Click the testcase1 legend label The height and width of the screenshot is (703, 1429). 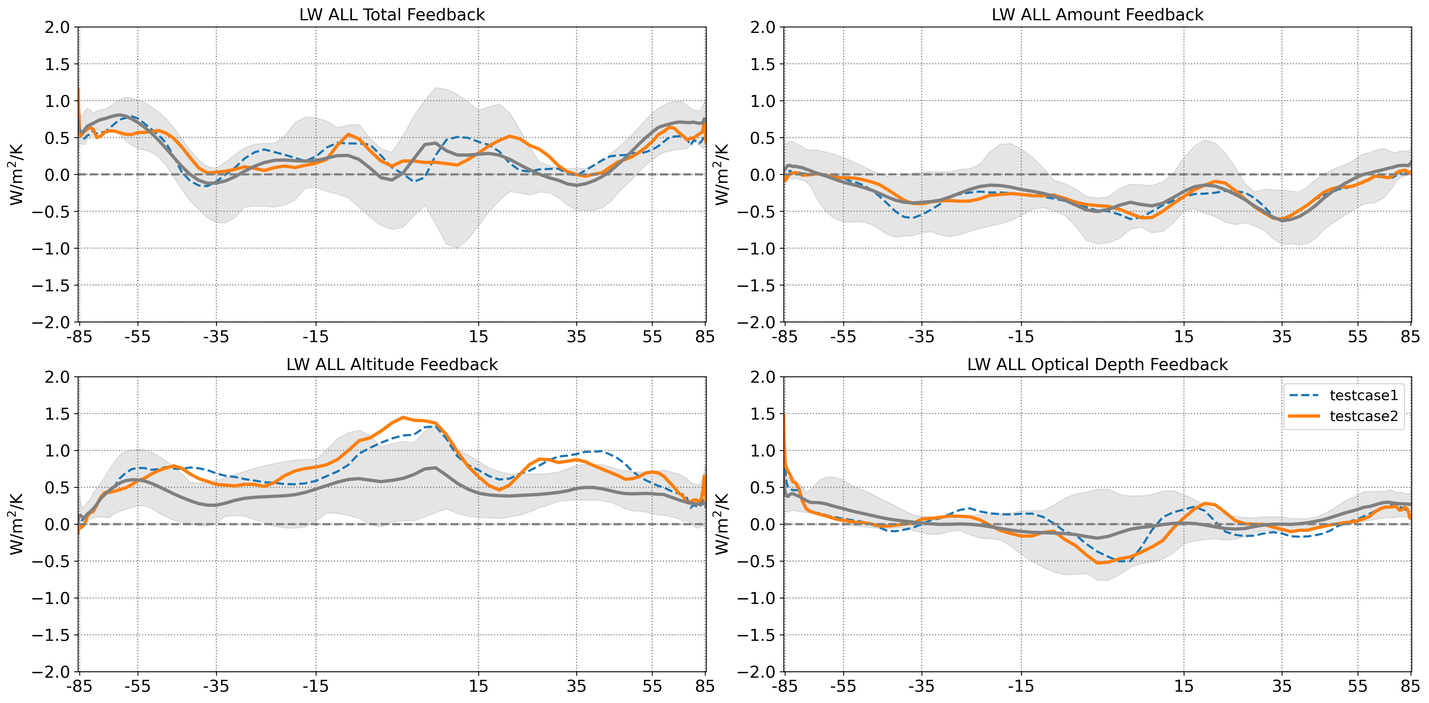tap(1364, 395)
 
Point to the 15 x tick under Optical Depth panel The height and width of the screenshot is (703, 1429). tap(1184, 686)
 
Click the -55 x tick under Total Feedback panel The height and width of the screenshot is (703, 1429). tap(138, 337)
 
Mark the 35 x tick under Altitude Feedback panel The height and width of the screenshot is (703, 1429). tap(576, 686)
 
